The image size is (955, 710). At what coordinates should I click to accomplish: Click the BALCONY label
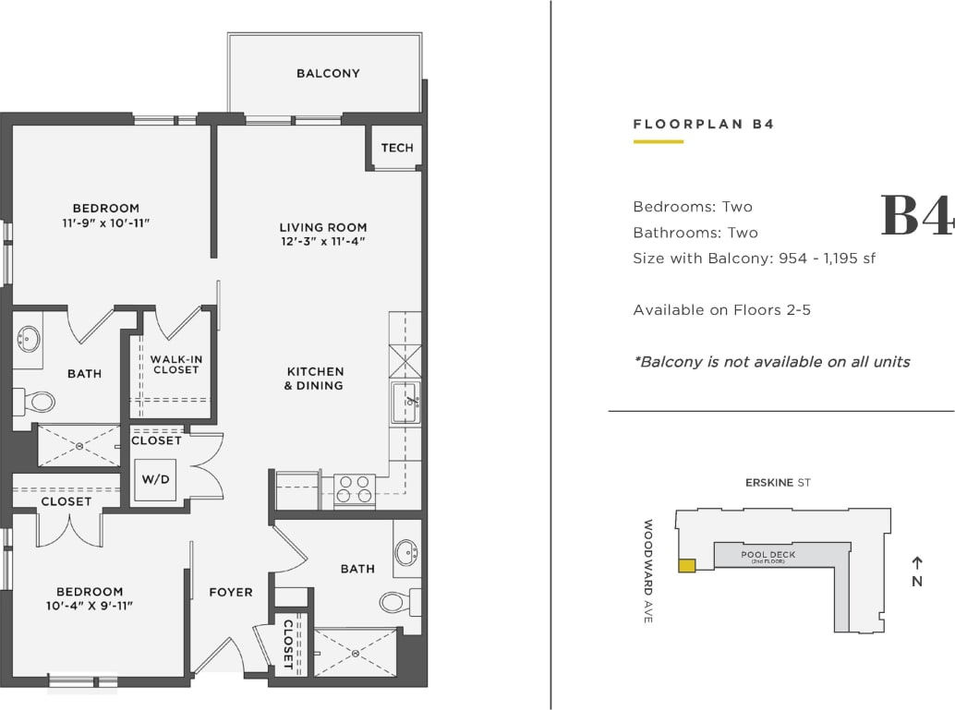pyautogui.click(x=328, y=73)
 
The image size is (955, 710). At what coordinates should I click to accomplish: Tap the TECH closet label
pyautogui.click(x=397, y=148)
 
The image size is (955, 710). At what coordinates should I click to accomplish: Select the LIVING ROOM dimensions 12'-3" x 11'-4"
pyautogui.click(x=323, y=242)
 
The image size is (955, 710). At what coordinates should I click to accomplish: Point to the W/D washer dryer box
pyautogui.click(x=155, y=480)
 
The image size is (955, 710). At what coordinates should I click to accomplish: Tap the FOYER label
pyautogui.click(x=231, y=592)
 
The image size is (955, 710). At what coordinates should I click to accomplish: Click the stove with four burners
pyautogui.click(x=354, y=489)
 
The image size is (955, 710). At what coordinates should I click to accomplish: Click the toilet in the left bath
pyautogui.click(x=36, y=402)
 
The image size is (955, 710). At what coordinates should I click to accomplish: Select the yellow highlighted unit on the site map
pyautogui.click(x=686, y=566)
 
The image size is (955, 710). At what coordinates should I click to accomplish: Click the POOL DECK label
pyautogui.click(x=768, y=556)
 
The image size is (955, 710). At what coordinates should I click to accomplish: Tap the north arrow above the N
pyautogui.click(x=916, y=562)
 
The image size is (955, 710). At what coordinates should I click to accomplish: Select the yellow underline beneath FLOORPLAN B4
pyautogui.click(x=658, y=141)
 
